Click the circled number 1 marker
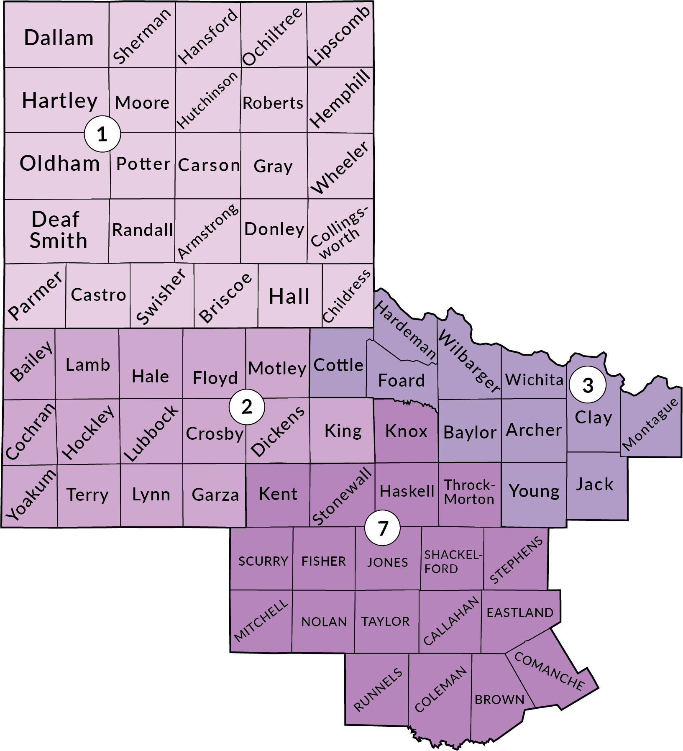(x=102, y=134)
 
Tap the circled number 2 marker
(x=247, y=407)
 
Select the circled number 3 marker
(x=588, y=385)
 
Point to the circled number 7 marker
(x=382, y=528)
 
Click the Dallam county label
(x=59, y=38)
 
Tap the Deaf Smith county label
(x=58, y=230)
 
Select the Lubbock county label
(x=151, y=433)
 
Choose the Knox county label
(x=406, y=431)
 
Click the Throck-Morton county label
(x=469, y=492)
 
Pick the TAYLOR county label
(x=386, y=622)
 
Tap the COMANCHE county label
(x=549, y=671)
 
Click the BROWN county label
(x=499, y=700)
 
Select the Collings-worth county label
(x=339, y=233)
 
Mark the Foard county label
(x=401, y=381)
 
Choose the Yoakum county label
(x=30, y=495)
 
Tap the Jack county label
(x=594, y=484)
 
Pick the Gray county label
(x=273, y=167)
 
